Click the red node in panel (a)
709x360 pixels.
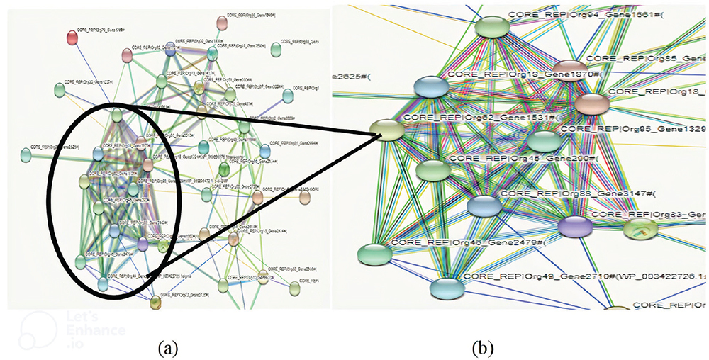pos(71,37)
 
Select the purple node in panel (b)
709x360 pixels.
pos(574,227)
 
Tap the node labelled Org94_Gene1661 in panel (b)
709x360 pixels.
pos(493,27)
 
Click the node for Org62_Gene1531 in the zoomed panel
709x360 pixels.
pos(386,130)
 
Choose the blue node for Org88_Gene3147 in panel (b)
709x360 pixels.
pos(484,206)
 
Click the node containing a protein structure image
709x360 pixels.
pos(640,228)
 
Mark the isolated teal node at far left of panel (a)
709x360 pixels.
pos(26,153)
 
